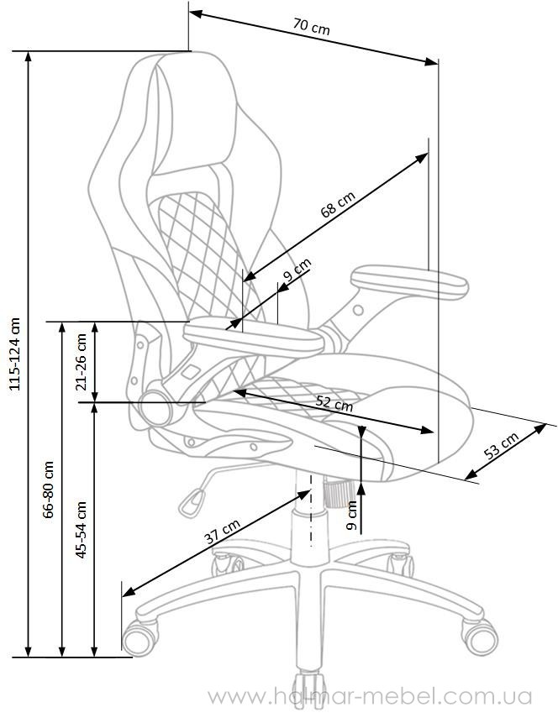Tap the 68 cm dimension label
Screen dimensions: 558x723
click(338, 204)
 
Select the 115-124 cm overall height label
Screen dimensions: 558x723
click(15, 354)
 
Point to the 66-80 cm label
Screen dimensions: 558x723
click(49, 490)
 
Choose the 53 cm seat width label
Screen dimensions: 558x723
click(501, 445)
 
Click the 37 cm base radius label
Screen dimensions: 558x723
click(222, 532)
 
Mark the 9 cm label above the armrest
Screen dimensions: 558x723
click(297, 270)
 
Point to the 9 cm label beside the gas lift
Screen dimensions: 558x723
click(352, 515)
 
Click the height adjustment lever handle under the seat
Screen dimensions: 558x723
click(192, 502)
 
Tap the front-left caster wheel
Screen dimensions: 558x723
click(139, 637)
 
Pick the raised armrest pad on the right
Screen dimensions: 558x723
click(409, 280)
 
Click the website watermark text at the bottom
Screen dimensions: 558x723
click(370, 696)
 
